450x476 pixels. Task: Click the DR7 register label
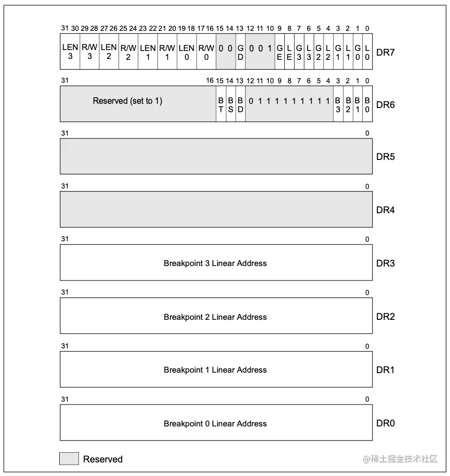[385, 52]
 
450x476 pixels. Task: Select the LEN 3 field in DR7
[70, 52]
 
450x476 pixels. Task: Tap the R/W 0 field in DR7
[206, 52]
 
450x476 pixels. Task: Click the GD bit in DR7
[240, 52]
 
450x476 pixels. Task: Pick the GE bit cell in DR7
[280, 52]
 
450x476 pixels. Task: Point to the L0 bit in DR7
[367, 52]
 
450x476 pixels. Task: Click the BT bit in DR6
[221, 105]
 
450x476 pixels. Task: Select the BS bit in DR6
[231, 105]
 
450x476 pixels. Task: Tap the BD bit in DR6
[240, 105]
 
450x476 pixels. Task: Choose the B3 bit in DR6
[338, 105]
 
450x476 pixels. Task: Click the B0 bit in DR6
[367, 105]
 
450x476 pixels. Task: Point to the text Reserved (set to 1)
[127, 101]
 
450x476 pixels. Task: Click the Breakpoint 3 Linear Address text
[215, 263]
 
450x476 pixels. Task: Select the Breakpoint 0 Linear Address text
[215, 424]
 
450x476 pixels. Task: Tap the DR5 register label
[385, 157]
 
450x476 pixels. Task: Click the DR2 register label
[385, 317]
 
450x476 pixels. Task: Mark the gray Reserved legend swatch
[69, 459]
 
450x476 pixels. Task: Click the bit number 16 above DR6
[210, 81]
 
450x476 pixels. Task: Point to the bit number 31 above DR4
[64, 186]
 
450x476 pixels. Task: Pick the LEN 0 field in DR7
[186, 52]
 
